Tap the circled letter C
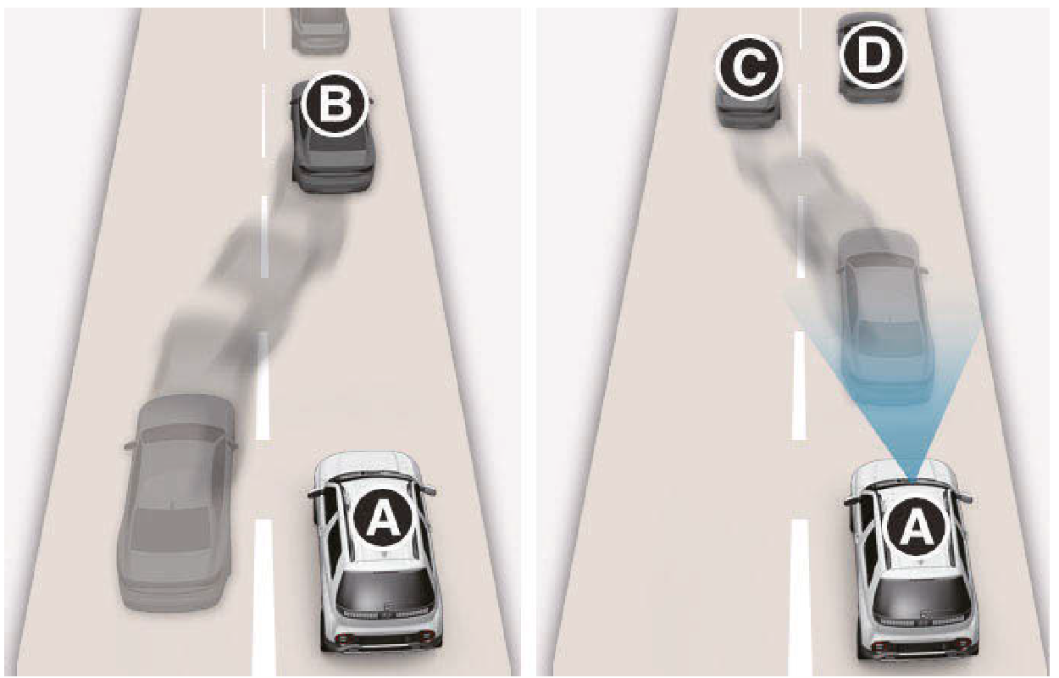[749, 69]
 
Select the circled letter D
[873, 56]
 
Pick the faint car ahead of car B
[319, 28]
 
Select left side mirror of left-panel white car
[316, 493]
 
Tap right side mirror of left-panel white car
[430, 489]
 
